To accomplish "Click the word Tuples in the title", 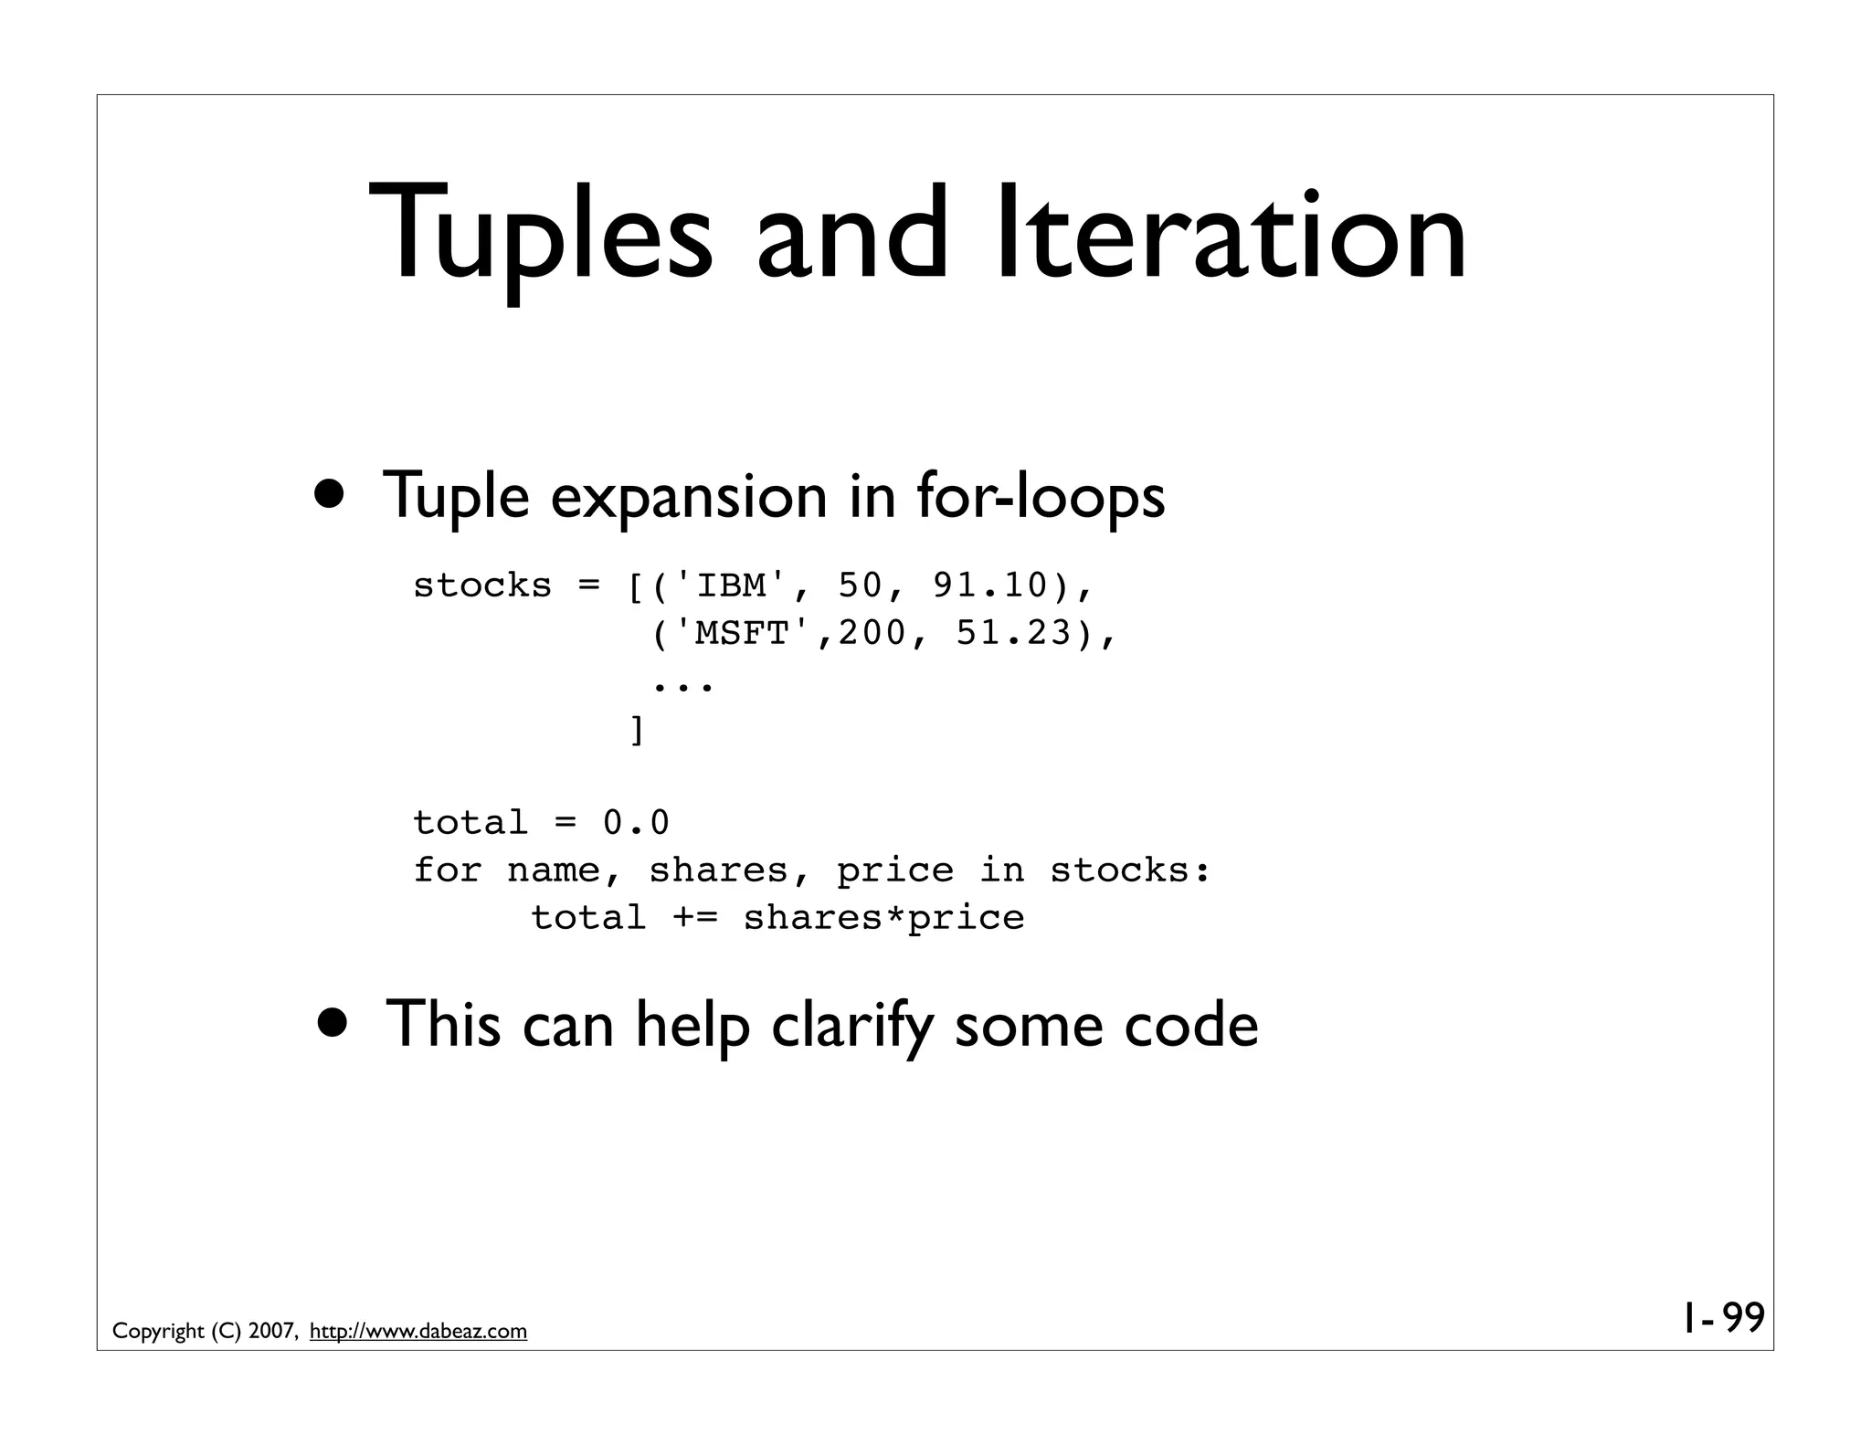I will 540,235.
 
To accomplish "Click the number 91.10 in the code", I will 990,585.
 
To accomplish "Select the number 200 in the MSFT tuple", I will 872,633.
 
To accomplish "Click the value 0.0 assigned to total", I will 637,823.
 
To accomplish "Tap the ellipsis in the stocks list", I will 682,682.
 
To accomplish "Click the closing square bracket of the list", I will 637,730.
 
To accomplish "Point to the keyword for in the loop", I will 448,870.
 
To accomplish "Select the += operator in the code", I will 694,918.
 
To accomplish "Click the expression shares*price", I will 883,918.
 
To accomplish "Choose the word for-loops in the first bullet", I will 1041,496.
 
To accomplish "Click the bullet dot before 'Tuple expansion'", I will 333,494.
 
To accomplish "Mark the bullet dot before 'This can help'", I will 333,1022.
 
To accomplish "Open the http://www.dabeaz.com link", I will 418,1332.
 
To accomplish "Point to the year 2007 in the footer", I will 270,1332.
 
